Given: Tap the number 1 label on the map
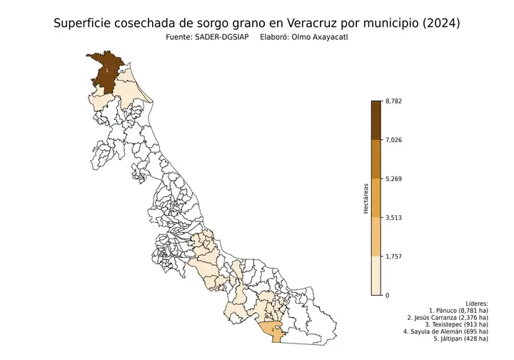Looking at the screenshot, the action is tap(107, 70).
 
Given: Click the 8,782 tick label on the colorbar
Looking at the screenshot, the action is tap(393, 101).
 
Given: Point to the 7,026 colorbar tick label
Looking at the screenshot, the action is tap(393, 140).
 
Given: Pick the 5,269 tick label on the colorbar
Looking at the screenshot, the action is tap(393, 179).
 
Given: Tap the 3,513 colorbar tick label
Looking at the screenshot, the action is tap(393, 217).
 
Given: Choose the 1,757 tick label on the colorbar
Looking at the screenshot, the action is tap(393, 256).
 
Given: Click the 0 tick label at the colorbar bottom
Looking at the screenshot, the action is tap(387, 295).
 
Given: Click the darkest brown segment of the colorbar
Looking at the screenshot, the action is tap(376, 119).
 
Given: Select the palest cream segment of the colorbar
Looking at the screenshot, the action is tap(376, 276).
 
